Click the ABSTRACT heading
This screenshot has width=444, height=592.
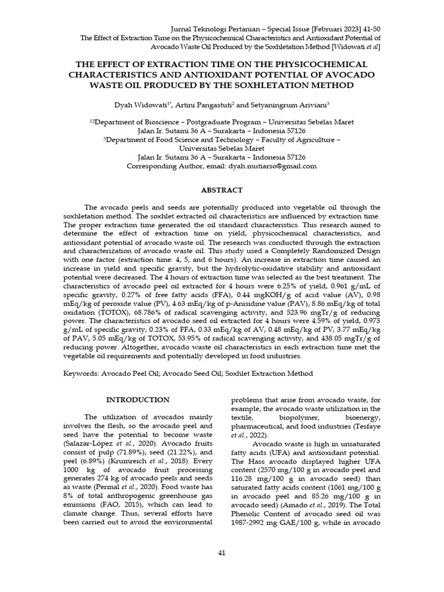pyautogui.click(x=221, y=190)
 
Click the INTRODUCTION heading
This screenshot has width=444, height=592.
pyautogui.click(x=138, y=399)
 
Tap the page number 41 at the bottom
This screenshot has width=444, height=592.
pyautogui.click(x=221, y=553)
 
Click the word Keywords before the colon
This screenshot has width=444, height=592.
pyautogui.click(x=80, y=373)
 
